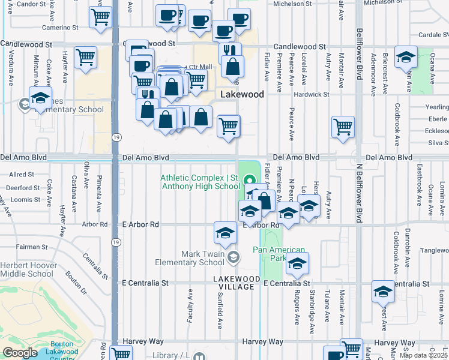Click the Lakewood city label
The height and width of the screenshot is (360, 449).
[242, 95]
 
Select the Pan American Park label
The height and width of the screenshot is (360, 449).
[279, 254]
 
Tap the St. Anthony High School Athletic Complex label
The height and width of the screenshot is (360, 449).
[200, 182]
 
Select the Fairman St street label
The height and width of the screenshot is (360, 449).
[32, 247]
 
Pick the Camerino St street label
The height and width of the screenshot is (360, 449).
[60, 28]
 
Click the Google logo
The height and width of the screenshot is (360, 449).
[20, 353]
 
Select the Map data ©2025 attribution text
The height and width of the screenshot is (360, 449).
[423, 355]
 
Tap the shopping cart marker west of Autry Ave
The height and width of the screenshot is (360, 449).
[343, 127]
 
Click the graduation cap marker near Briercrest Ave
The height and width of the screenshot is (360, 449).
[406, 57]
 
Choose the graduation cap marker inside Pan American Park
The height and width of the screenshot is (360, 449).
[297, 263]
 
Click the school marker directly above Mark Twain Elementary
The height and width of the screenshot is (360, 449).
[225, 233]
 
